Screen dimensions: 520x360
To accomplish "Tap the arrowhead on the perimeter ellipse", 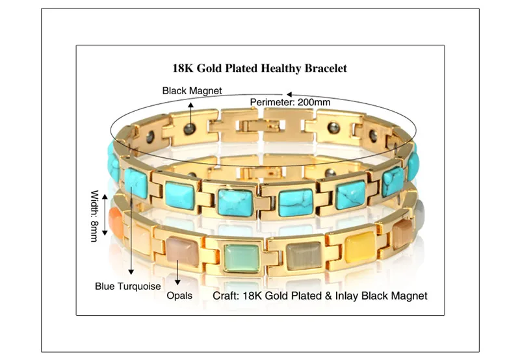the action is pos(289,94).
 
